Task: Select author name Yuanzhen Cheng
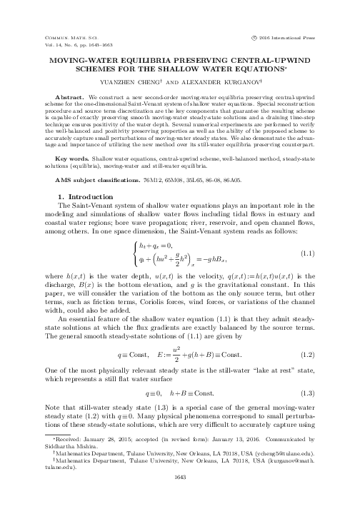138,80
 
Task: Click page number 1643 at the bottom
179,498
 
